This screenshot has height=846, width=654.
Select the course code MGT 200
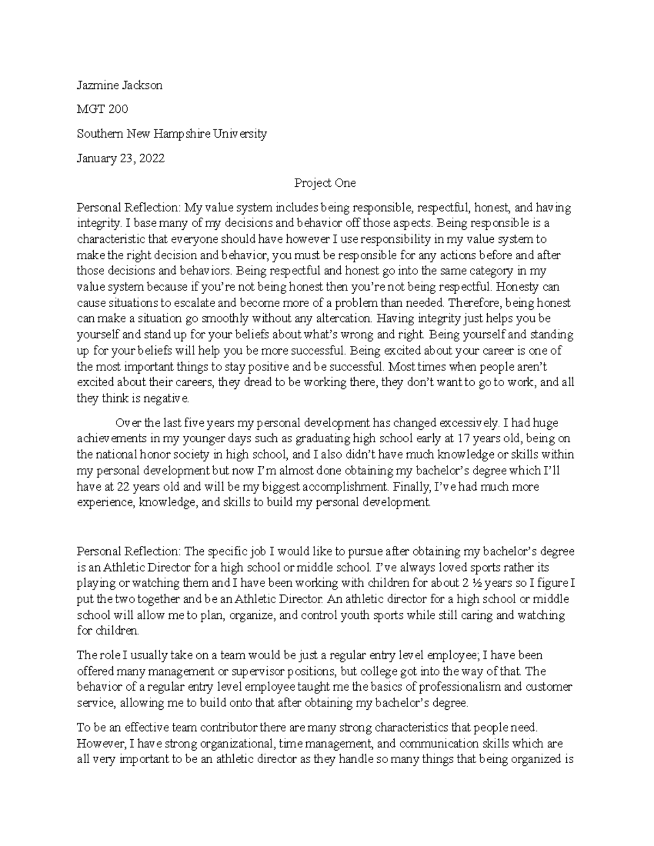coord(102,109)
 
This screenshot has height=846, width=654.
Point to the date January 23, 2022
coord(120,159)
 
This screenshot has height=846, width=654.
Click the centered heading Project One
coord(325,183)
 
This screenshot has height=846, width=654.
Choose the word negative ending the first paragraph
coord(168,399)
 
